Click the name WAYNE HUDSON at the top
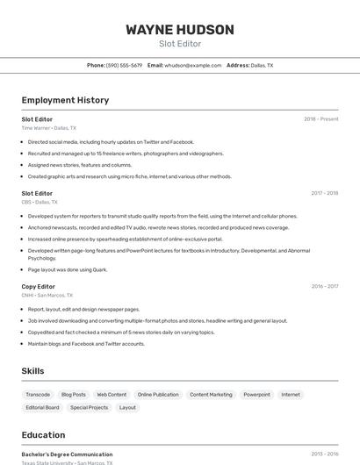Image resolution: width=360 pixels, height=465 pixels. [x=180, y=30]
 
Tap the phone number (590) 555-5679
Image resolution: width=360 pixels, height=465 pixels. [x=124, y=65]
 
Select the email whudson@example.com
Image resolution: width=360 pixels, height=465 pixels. [x=193, y=65]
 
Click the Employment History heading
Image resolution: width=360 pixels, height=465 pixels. [x=65, y=100]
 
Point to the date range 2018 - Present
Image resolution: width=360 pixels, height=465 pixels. [x=320, y=119]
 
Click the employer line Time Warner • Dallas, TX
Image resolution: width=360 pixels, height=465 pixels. [x=48, y=128]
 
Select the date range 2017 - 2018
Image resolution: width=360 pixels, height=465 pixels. [x=324, y=193]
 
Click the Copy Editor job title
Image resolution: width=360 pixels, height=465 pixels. [x=38, y=286]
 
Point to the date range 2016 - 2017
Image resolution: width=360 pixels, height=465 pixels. [x=324, y=286]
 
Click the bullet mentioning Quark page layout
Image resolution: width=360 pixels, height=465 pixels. [x=68, y=269]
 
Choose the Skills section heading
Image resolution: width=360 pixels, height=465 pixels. [x=32, y=371]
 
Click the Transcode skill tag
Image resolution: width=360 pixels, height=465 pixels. [x=38, y=395]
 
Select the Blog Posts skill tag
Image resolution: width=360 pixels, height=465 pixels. [x=74, y=395]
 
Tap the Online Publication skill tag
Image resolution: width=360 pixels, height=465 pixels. [x=158, y=395]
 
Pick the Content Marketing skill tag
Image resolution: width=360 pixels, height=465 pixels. [x=211, y=395]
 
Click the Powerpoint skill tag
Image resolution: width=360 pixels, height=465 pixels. [x=256, y=395]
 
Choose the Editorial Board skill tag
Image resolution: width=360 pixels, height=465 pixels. [x=42, y=408]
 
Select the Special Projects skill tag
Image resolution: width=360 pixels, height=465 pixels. [x=89, y=408]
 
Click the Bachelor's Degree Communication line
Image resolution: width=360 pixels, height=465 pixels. [x=67, y=454]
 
